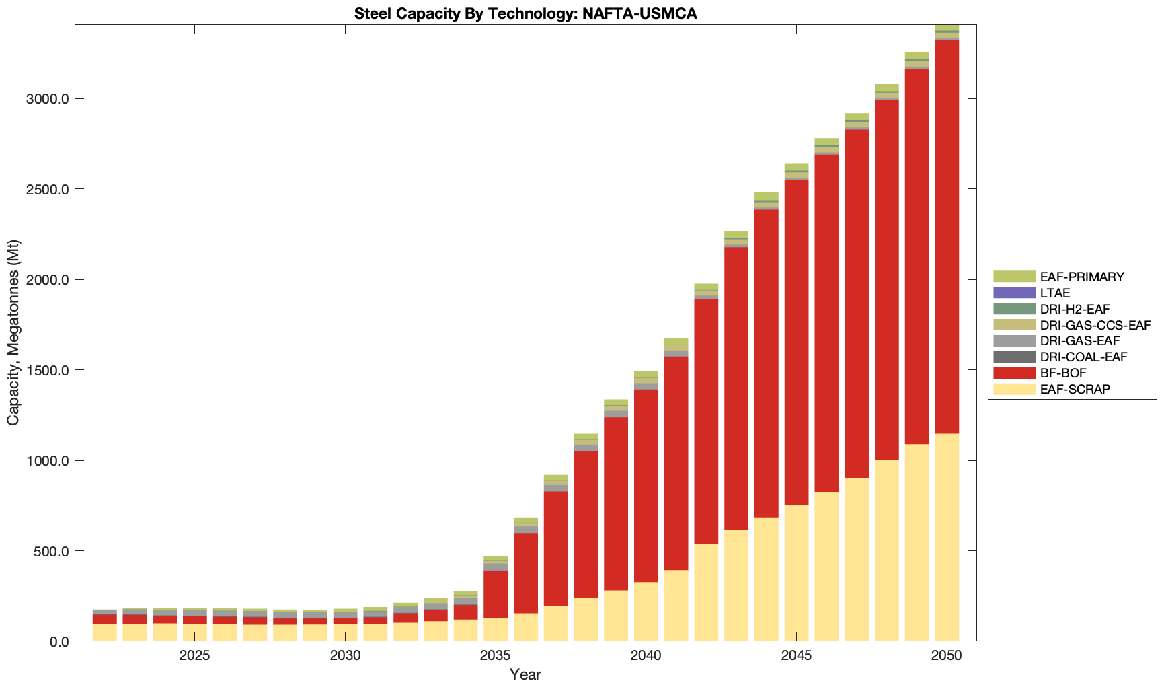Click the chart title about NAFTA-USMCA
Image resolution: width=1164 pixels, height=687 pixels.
[525, 13]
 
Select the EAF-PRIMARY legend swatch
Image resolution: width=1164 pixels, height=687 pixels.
[1014, 277]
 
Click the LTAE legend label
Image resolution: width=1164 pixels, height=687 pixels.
[1054, 293]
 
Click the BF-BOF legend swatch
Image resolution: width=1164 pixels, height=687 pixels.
[1014, 373]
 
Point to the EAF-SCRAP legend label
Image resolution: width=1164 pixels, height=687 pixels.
[1075, 390]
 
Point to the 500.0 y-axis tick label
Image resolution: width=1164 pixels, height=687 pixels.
[50, 551]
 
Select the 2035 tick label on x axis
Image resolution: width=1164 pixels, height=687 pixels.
[496, 656]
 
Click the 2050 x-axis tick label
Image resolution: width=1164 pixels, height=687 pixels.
[947, 656]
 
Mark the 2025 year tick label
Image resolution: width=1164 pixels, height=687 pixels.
[194, 656]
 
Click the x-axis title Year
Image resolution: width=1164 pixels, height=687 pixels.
[525, 674]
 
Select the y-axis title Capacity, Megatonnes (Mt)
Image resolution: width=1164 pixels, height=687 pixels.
[13, 333]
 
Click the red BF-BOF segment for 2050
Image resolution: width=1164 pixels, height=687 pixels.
[947, 236]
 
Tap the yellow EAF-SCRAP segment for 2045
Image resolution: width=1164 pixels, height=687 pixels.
[796, 572]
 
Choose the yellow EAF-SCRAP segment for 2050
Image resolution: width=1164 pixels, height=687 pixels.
[947, 538]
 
